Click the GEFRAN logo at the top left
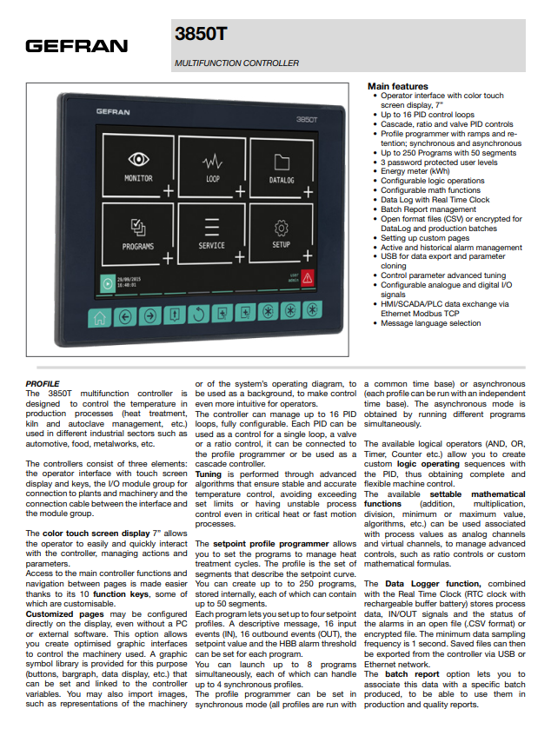(76, 46)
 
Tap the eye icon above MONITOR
(138, 160)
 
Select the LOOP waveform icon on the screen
(212, 162)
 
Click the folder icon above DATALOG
(281, 162)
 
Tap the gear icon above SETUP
(281, 228)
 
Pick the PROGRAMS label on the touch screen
(138, 246)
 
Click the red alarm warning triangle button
(307, 279)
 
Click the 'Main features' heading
(397, 87)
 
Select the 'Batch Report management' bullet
(428, 209)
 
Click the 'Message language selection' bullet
(430, 323)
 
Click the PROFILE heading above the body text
(43, 383)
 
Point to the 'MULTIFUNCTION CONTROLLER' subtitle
(236, 63)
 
